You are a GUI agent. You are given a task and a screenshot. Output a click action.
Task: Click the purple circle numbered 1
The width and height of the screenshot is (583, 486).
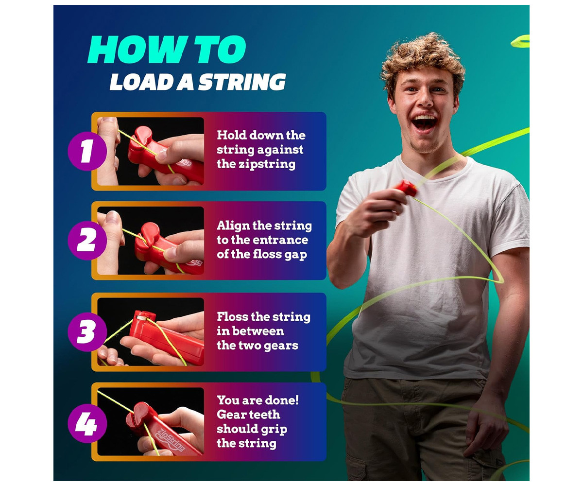point(87,151)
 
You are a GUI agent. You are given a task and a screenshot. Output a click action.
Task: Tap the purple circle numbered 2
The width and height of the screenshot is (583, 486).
point(87,241)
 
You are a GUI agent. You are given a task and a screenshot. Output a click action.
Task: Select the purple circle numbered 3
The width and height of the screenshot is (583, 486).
point(87,332)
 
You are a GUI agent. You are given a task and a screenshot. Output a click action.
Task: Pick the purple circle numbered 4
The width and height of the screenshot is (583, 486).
point(87,423)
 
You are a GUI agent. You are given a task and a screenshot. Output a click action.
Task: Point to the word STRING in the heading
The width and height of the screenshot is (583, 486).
point(242,82)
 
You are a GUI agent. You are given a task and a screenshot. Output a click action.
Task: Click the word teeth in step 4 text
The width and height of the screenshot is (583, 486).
point(262,414)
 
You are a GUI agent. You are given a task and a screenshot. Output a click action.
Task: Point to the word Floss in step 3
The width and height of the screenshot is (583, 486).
point(232,317)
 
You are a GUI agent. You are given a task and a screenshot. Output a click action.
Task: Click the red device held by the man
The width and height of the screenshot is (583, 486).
point(407,188)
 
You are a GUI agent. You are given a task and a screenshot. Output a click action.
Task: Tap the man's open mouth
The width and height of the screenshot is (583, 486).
point(425,123)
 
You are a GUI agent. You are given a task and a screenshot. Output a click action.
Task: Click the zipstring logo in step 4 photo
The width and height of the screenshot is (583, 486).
point(171,439)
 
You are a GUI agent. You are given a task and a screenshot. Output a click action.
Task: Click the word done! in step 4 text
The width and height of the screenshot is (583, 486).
point(284,400)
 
